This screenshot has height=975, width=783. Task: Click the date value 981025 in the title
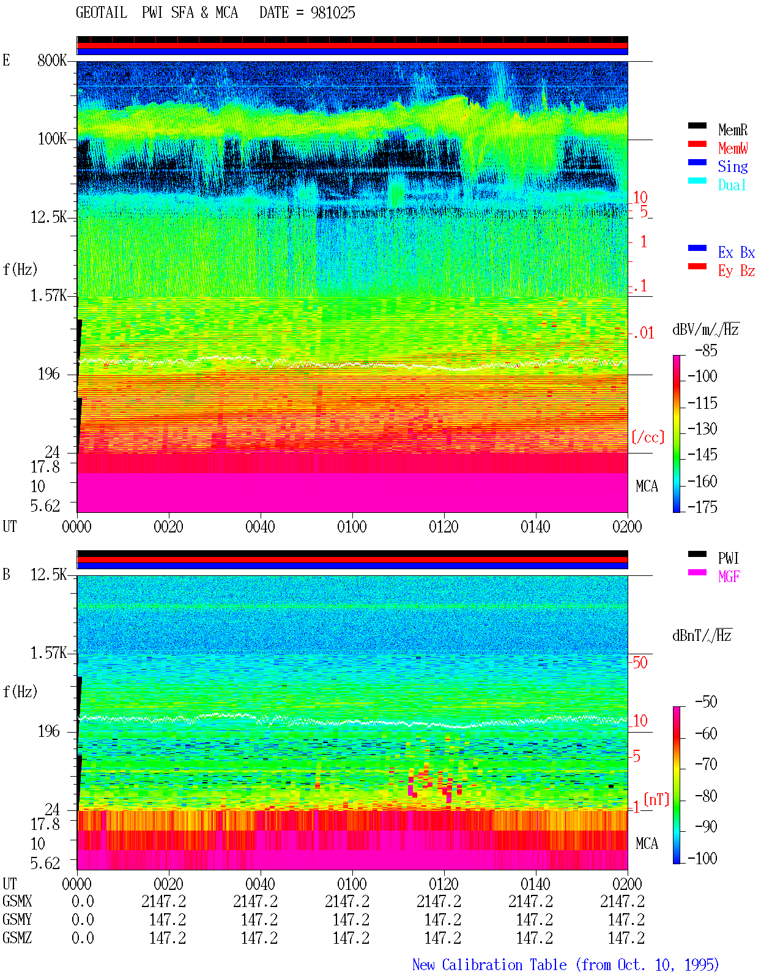tap(333, 13)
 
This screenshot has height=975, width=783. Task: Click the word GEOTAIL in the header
tap(102, 13)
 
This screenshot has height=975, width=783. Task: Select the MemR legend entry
tap(733, 130)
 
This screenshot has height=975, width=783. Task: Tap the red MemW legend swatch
tap(697, 144)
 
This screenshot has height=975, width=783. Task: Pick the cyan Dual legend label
tap(732, 185)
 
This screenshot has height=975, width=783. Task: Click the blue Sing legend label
tap(732, 166)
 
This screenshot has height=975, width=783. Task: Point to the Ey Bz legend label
tap(737, 271)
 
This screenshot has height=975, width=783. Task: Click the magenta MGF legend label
tap(729, 577)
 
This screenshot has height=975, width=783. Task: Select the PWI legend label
tap(728, 558)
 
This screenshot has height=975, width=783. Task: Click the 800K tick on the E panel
tap(52, 60)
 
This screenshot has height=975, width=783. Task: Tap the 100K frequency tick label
tap(52, 139)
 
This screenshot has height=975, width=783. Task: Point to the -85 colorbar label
tap(706, 350)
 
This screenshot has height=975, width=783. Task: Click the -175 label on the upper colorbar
tap(702, 507)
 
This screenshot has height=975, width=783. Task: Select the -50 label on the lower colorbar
tap(706, 702)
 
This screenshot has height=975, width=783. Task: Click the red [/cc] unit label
tap(648, 437)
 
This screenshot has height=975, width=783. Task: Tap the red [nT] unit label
tap(656, 799)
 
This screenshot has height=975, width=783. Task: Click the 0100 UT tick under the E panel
tap(352, 527)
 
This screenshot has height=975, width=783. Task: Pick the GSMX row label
tap(17, 901)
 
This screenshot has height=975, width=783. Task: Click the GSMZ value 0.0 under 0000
tap(83, 938)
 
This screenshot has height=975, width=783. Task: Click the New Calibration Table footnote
tap(566, 965)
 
